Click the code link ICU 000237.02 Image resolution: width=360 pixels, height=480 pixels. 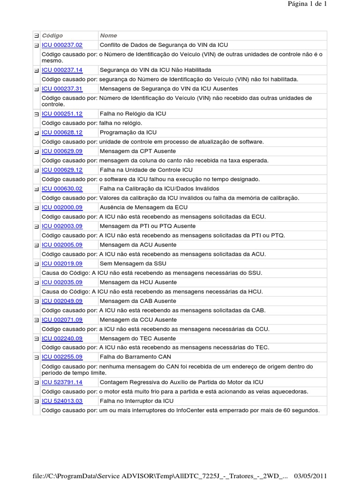(x=62, y=45)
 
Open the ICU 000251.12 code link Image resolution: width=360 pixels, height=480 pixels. (x=62, y=114)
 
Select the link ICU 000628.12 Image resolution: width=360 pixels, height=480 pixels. (x=62, y=133)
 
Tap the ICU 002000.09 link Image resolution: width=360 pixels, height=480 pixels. (x=62, y=208)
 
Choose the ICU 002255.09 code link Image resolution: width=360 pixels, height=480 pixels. (x=62, y=357)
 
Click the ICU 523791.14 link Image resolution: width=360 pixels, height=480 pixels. (x=62, y=382)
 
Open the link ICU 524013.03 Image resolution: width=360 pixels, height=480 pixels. (x=62, y=401)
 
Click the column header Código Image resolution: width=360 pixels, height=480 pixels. (x=52, y=36)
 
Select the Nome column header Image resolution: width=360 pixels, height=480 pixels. (x=108, y=36)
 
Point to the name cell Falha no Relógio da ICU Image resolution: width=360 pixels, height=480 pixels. (x=133, y=114)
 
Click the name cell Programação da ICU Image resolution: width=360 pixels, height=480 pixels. (x=128, y=133)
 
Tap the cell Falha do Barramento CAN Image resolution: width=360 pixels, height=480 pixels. (x=135, y=357)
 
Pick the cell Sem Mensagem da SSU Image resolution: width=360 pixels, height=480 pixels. (x=133, y=264)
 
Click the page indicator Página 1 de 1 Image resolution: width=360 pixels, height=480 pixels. (x=307, y=4)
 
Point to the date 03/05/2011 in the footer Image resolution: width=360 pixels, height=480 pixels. (x=310, y=476)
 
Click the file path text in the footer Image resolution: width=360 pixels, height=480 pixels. (x=159, y=476)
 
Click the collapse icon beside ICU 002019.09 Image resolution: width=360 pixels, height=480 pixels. (x=36, y=264)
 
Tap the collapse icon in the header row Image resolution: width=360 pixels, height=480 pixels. (x=36, y=36)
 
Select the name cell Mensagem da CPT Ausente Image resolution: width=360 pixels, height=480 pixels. (x=138, y=151)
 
